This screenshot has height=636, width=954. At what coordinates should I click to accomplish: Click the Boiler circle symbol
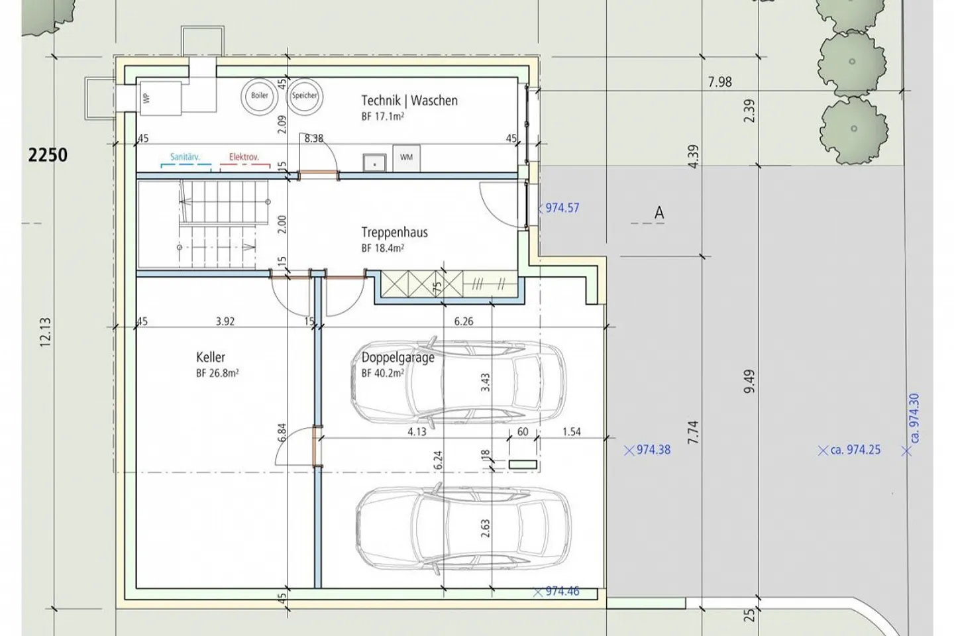[260, 96]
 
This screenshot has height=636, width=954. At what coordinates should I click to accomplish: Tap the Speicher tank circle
[305, 96]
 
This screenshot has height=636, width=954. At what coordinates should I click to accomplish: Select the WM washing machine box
[406, 158]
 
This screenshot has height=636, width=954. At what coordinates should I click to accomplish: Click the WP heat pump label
[147, 99]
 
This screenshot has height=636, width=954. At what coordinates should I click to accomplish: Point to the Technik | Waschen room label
[409, 101]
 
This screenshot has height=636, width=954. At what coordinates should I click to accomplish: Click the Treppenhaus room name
[394, 233]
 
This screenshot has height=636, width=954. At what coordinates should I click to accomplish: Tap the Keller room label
[211, 357]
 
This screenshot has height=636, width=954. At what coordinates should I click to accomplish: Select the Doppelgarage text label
[397, 357]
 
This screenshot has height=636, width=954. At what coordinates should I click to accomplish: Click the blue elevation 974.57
[562, 208]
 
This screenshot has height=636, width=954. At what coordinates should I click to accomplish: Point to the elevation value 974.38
[653, 450]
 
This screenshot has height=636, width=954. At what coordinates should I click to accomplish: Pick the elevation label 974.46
[562, 591]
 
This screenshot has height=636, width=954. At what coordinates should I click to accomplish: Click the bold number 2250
[48, 155]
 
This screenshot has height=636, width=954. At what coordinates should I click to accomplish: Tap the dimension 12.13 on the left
[46, 333]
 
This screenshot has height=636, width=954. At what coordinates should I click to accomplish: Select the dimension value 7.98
[719, 81]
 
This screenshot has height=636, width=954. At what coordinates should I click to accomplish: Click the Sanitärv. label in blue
[185, 157]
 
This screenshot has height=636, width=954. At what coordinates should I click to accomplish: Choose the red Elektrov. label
[244, 157]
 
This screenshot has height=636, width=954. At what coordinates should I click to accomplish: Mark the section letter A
[659, 212]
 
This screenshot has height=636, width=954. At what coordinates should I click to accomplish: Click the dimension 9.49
[749, 381]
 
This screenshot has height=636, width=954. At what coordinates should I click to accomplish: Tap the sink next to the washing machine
[374, 163]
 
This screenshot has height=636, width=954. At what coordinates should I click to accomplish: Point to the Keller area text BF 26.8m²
[217, 373]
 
